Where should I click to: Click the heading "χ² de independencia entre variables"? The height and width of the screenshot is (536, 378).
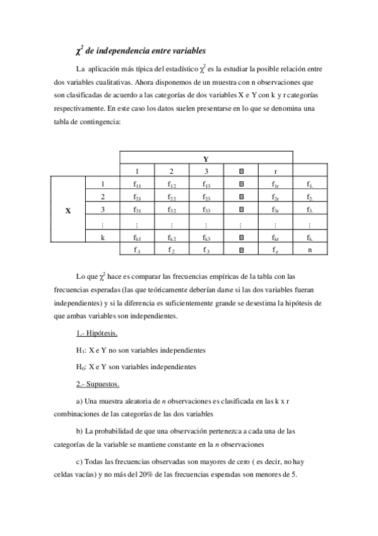140,50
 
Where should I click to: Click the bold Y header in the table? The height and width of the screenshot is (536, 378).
206,158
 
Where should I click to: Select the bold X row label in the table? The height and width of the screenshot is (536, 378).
68,210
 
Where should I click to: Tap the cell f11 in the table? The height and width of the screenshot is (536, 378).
137,185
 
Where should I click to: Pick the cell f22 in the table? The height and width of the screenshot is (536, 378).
171,197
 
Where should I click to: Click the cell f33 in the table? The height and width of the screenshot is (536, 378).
206,210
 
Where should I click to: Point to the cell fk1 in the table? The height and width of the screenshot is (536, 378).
137,238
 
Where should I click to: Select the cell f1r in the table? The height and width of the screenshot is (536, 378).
276,185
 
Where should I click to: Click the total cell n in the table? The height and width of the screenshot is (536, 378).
310,250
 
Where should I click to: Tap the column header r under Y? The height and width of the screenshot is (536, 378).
276,171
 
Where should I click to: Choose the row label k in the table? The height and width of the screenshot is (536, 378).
102,238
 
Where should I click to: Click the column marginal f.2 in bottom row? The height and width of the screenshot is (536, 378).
171,250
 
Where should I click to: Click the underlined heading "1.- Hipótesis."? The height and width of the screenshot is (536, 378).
96,333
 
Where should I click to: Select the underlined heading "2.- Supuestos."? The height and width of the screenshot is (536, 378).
97,384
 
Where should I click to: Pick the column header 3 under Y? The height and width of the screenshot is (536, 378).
206,171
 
